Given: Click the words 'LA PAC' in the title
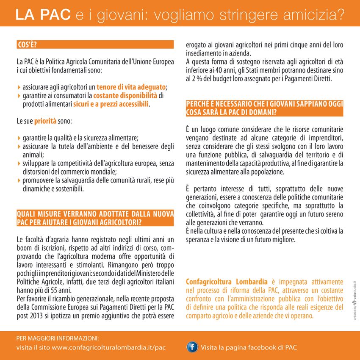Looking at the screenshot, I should pyautogui.click(x=42, y=15).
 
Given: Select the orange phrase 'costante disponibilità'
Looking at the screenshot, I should pyautogui.click(x=125, y=96).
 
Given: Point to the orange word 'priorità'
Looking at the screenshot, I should pyautogui.click(x=45, y=121).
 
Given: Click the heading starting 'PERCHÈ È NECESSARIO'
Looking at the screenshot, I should pyautogui.click(x=265, y=108).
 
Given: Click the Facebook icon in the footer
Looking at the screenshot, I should pyautogui.click(x=192, y=347).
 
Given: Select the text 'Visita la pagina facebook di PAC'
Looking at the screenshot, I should pyautogui.click(x=249, y=348).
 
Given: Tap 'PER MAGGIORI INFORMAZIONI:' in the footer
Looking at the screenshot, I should pyautogui.click(x=57, y=338).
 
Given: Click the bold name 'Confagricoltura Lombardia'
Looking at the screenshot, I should pyautogui.click(x=227, y=282).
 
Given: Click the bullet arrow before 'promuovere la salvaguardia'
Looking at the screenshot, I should pyautogui.click(x=19, y=181).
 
